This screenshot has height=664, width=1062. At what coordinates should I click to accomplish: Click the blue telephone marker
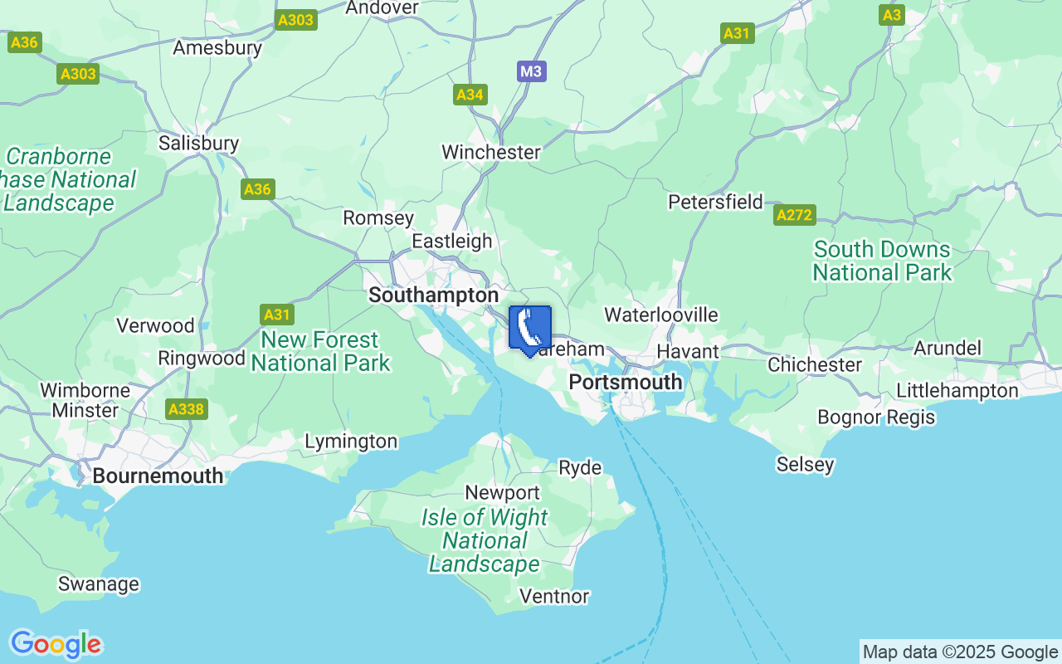tap(529, 329)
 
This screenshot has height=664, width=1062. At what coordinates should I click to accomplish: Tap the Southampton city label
tap(433, 295)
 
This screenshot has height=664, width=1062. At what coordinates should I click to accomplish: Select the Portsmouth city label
tap(626, 382)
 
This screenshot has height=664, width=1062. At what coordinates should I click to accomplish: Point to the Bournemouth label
tap(158, 476)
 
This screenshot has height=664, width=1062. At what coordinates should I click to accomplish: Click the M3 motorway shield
tap(531, 71)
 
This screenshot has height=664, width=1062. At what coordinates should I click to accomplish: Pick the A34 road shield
tap(470, 95)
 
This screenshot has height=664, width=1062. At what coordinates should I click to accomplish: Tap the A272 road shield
tap(794, 215)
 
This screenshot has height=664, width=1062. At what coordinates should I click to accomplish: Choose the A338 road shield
tap(187, 409)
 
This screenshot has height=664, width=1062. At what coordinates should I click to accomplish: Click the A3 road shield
tap(892, 15)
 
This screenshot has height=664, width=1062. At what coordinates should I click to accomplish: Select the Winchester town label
tap(491, 152)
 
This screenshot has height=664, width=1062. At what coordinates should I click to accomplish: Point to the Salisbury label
tap(198, 143)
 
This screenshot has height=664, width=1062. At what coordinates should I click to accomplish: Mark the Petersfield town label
tap(715, 202)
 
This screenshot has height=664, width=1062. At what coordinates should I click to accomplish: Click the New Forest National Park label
tap(320, 351)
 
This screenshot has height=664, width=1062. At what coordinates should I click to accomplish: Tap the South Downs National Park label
tap(882, 261)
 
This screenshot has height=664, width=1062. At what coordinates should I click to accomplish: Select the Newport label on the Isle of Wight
tap(502, 492)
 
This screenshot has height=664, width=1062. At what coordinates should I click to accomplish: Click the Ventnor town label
tap(553, 596)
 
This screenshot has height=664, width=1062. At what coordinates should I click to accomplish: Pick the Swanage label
tap(98, 583)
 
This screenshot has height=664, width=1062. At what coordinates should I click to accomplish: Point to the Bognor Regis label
tap(876, 417)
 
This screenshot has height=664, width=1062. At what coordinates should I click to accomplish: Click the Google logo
tap(56, 644)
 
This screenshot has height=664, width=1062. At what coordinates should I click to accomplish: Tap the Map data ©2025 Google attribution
tap(960, 652)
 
